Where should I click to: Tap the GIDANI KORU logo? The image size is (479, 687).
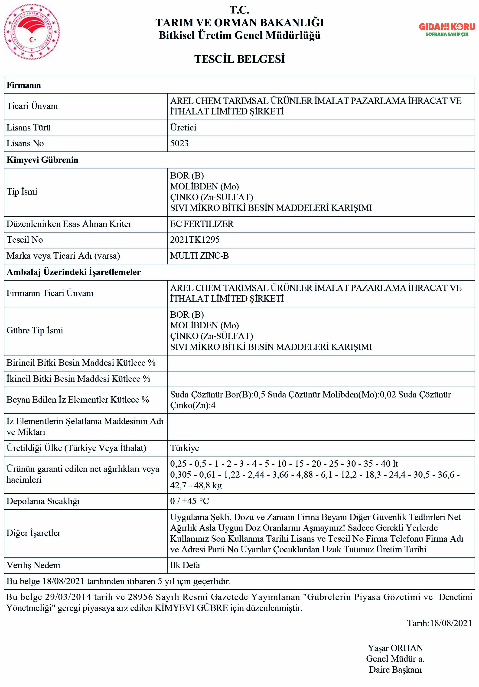point(447,29)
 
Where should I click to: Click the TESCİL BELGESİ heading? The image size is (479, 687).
point(239,59)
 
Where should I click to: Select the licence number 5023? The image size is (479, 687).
point(179,143)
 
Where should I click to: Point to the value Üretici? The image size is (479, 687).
point(183,127)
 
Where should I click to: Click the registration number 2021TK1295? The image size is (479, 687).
point(195,240)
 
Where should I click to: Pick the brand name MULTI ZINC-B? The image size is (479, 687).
point(199,256)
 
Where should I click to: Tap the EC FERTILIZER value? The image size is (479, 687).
point(202,224)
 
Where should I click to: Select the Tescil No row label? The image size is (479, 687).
point(25,240)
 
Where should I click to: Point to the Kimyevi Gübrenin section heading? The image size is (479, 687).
point(42,160)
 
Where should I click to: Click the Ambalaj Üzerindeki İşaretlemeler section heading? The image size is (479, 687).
point(74,272)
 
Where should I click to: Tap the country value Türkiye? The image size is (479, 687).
point(185,448)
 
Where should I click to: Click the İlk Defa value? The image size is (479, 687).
point(185,565)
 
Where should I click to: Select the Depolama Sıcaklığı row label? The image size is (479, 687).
point(43,501)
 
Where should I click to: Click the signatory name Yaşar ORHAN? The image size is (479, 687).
point(395,648)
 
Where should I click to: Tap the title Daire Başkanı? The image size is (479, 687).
point(395,669)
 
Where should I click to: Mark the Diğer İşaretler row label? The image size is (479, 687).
point(33,533)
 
